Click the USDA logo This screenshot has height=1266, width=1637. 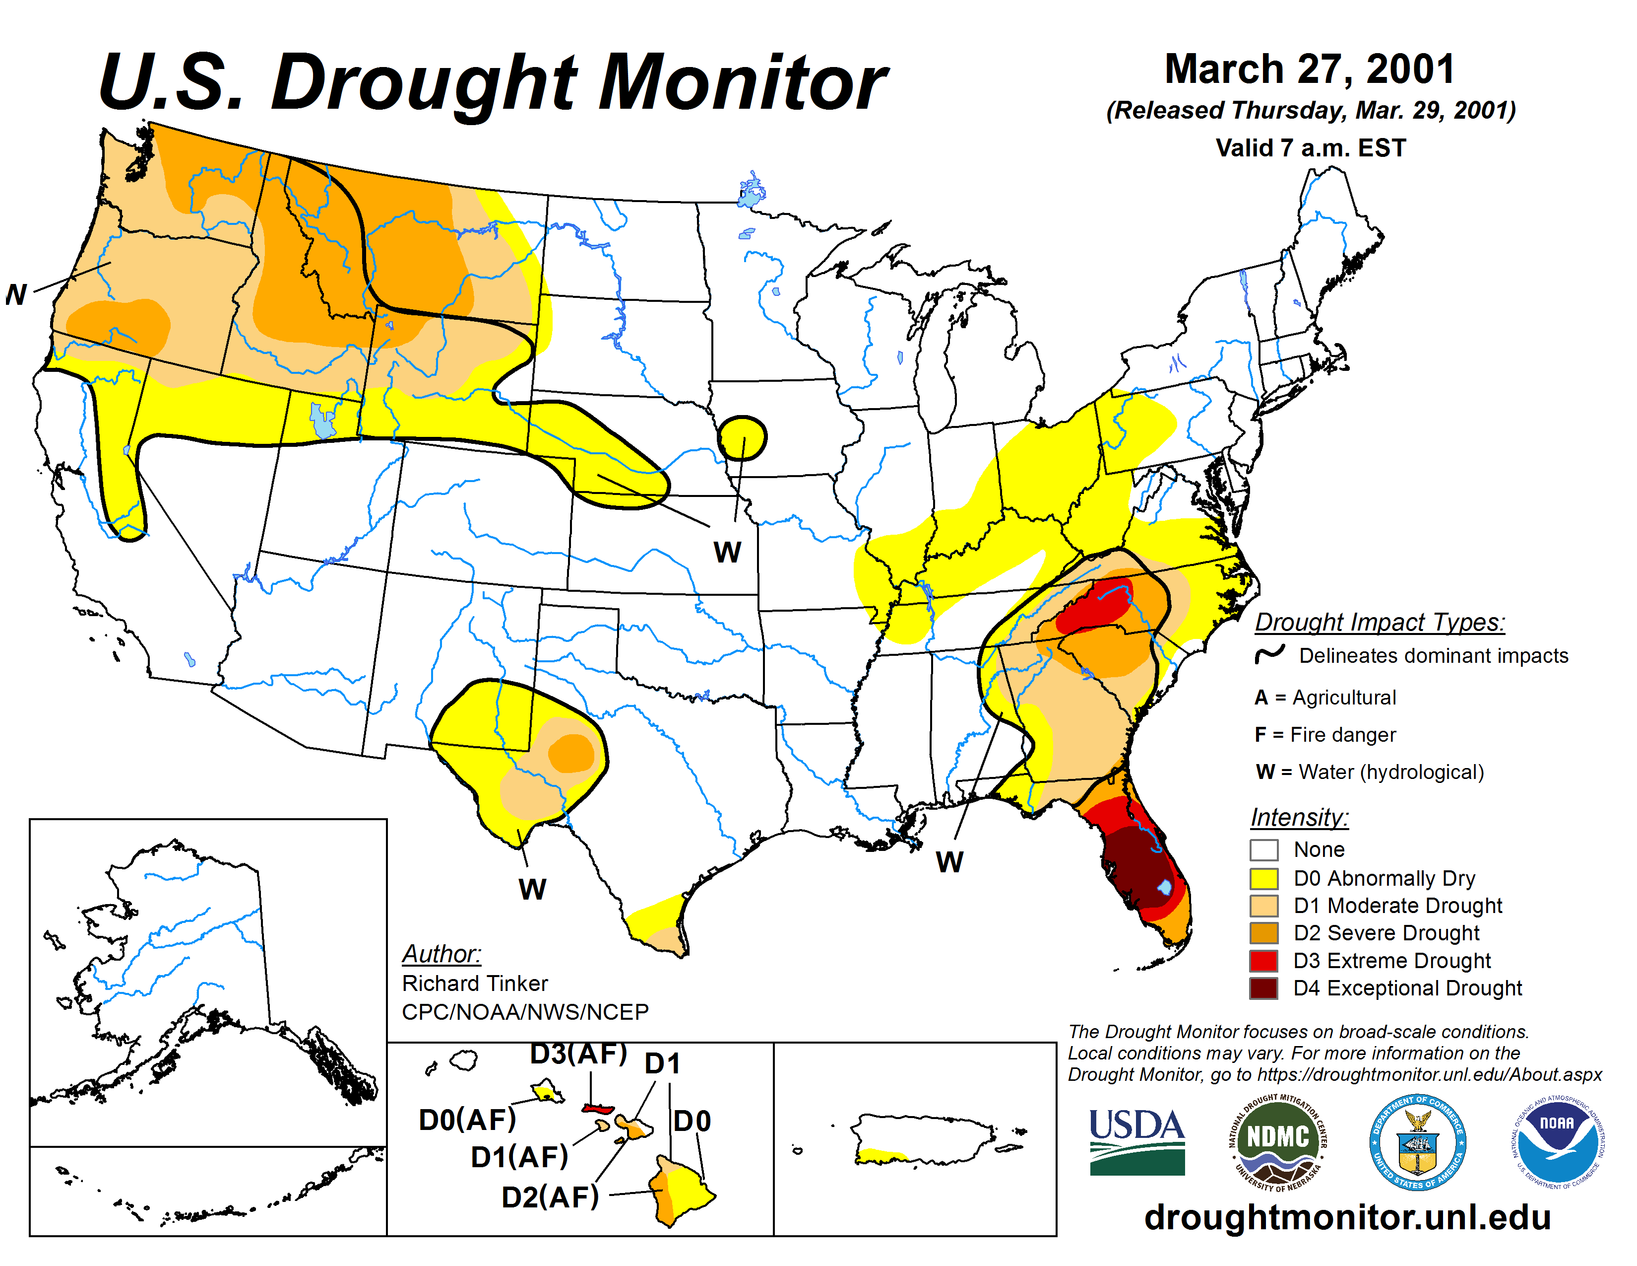pyautogui.click(x=1136, y=1141)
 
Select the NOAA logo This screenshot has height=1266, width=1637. pyautogui.click(x=1556, y=1141)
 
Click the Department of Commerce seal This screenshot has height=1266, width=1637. pyautogui.click(x=1417, y=1141)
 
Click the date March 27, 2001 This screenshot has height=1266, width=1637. pyautogui.click(x=1310, y=69)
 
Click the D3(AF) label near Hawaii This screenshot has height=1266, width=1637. pyautogui.click(x=578, y=1054)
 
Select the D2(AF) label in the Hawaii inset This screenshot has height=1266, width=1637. pyautogui.click(x=550, y=1197)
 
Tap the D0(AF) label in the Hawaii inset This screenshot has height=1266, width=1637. pyautogui.click(x=467, y=1120)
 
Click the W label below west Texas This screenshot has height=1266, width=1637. pyautogui.click(x=532, y=890)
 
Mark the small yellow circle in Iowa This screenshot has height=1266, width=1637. pyautogui.click(x=742, y=437)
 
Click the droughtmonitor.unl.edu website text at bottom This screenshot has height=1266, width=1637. pyautogui.click(x=1347, y=1216)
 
